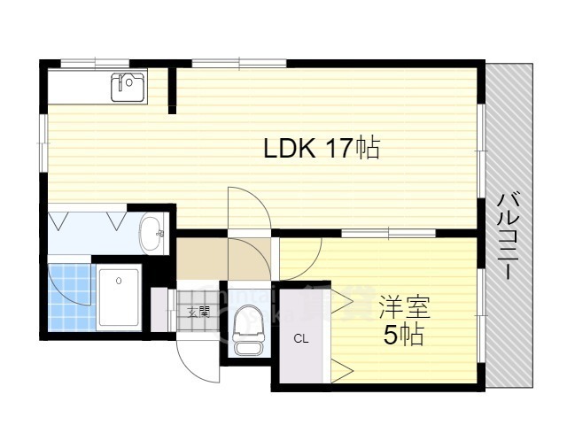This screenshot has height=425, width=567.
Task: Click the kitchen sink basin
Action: (128, 87)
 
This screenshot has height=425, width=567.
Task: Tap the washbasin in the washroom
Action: (152, 233)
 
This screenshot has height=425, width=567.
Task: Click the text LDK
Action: (289, 149)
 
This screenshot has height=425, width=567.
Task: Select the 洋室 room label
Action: (404, 309)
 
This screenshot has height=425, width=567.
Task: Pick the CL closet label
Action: (301, 337)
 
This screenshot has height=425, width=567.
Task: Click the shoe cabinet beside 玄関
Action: (159, 309)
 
